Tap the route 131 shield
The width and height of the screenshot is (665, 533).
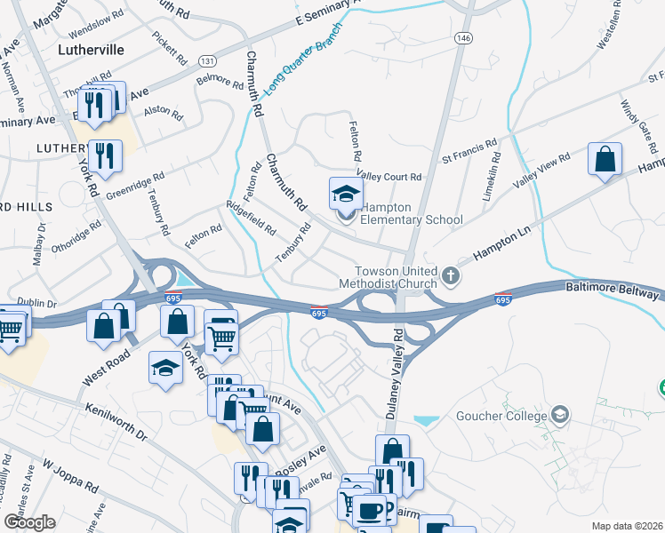pyautogui.click(x=206, y=60)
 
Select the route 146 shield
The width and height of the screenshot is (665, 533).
pyautogui.click(x=464, y=38)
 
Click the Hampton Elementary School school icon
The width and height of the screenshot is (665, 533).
pyautogui.click(x=346, y=193)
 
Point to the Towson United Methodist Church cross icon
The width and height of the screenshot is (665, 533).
pyautogui.click(x=451, y=275)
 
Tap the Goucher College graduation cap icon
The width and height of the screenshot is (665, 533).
pyautogui.click(x=560, y=414)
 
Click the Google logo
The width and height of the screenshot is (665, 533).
pyautogui.click(x=29, y=521)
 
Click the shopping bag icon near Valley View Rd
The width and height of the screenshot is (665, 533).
pyautogui.click(x=605, y=160)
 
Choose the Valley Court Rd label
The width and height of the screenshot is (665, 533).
pyautogui.click(x=389, y=177)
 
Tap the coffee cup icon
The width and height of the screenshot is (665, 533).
pyautogui.click(x=370, y=511)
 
